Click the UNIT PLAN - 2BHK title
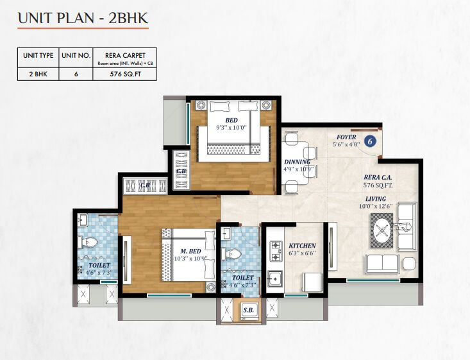[83, 19]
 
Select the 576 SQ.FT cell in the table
[125, 74]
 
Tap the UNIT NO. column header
[76, 55]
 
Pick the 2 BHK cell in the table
[38, 74]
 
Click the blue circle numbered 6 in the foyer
[370, 141]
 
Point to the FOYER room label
[346, 137]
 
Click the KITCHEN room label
[302, 246]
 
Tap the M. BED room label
[190, 251]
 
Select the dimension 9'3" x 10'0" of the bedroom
[231, 127]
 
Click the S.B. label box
[249, 310]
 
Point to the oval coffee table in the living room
[382, 231]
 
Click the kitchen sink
[275, 279]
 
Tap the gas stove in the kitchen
[276, 251]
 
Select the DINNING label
[297, 162]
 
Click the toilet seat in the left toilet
[88, 242]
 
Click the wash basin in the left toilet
[82, 220]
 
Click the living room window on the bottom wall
[373, 280]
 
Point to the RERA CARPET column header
[125, 55]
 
